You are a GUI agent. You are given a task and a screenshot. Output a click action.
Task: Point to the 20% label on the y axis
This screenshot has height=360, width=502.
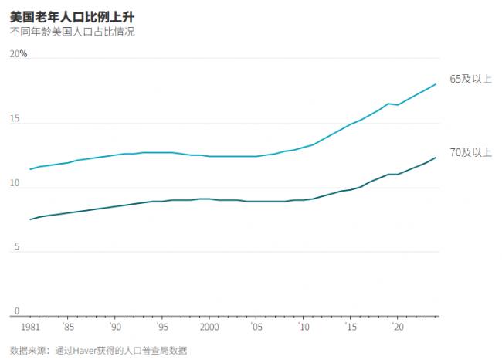point(19,54)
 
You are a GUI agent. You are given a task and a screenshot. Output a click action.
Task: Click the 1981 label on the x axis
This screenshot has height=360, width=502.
point(30,327)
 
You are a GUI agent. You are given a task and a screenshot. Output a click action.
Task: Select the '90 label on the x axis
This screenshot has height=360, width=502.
point(114,327)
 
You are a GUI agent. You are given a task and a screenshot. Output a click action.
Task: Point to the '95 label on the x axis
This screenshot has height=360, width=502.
point(161,327)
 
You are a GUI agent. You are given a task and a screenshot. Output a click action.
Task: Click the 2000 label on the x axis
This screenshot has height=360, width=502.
point(209,327)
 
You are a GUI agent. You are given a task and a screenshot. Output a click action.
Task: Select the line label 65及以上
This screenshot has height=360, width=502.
point(470,79)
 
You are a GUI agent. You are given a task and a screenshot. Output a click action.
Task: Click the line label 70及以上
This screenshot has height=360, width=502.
point(470,152)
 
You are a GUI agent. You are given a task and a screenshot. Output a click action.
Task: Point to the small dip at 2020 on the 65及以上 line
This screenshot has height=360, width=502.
point(398,104)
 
